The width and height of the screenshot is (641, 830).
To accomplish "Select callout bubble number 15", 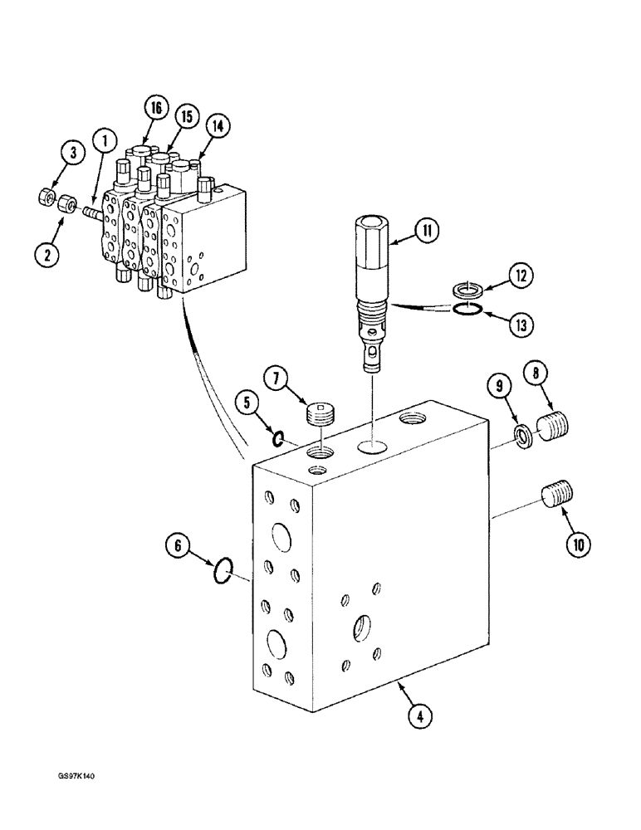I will click(188, 117).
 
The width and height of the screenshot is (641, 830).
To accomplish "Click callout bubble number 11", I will click(427, 232).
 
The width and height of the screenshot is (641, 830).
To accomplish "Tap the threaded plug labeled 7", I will click(320, 413).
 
